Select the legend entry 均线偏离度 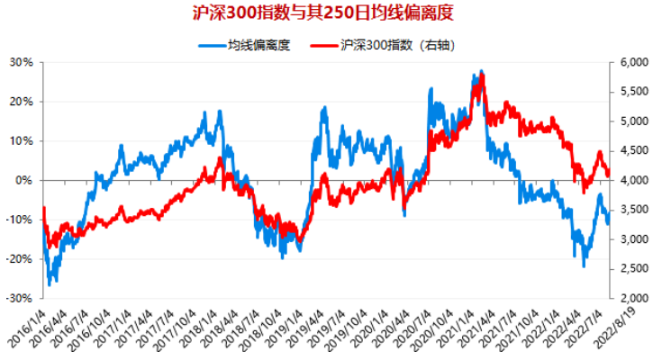coord(258,44)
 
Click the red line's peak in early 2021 coord(484,75)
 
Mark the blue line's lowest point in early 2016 coord(50,283)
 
